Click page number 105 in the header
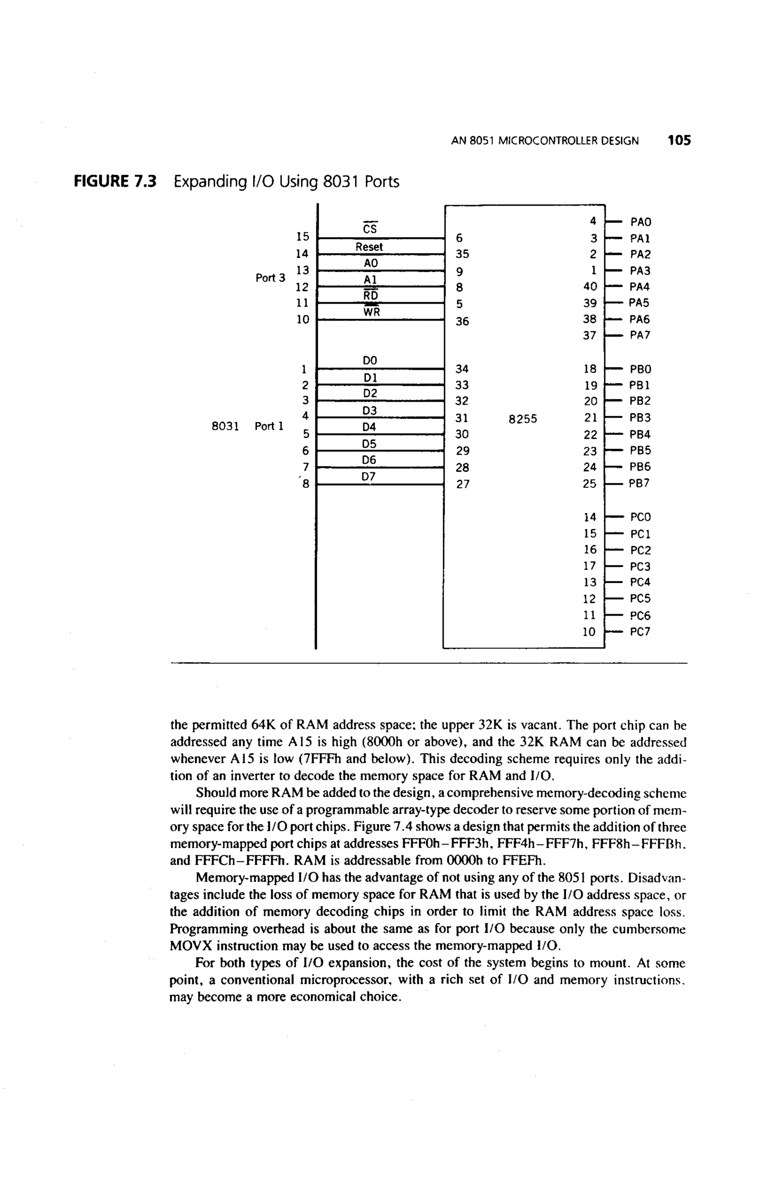coord(679,140)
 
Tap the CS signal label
coord(370,229)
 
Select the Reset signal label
coord(369,247)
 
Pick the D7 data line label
coord(370,476)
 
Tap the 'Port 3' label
coord(270,277)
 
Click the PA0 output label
coord(640,222)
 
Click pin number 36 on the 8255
coord(462,321)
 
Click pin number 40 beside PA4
coord(590,287)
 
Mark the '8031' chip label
coord(224,426)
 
